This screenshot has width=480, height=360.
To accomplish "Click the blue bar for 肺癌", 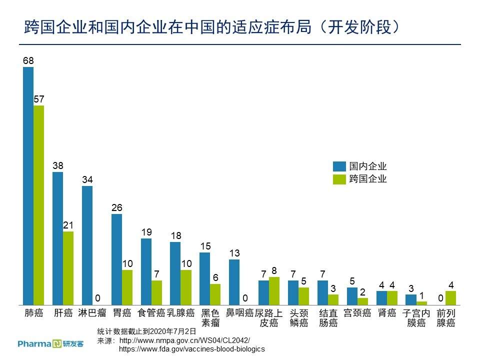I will coord(28,185).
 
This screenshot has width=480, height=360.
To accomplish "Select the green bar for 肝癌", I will coord(68,268).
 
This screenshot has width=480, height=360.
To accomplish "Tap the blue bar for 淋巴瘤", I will coord(87,245).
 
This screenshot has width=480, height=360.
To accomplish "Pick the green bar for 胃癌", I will coord(127,287).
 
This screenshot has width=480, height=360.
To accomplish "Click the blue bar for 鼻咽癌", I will coord(234,282).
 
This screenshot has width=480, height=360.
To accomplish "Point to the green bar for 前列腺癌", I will coord(450,298).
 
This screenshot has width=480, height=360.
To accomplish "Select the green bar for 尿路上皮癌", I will coord(274,291).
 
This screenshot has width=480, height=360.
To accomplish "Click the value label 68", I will coord(28,61).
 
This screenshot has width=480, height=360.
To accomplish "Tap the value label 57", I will coord(39,99).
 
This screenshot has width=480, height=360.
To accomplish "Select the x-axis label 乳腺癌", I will coord(180,313).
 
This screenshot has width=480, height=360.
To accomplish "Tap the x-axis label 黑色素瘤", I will coord(210,318).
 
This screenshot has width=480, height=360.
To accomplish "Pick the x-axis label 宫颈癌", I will coord(357,313).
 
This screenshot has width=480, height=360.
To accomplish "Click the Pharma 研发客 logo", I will coord(50,343).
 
